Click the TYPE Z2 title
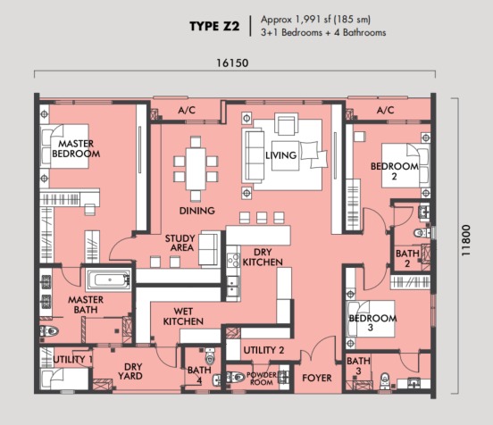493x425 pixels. coord(214,27)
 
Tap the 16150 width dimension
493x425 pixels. coord(232,63)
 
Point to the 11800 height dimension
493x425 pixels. coord(466,240)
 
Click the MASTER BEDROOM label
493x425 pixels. coord(76,149)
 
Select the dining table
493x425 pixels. coord(196,169)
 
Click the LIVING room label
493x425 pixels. coord(280,155)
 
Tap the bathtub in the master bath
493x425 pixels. coord(109,279)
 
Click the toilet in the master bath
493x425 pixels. coord(49,330)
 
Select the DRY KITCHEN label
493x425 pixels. coord(263,257)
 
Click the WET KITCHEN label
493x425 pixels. coord(183,316)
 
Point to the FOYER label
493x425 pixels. coord(317,378)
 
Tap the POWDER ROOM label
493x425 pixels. coord(262,379)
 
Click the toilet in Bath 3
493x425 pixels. coord(385,380)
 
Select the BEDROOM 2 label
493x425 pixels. coord(395,171)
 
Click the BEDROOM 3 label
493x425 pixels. coord(372,322)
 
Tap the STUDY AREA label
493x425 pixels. coord(180,243)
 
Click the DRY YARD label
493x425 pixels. coord(130,371)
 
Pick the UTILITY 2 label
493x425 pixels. coord(263,350)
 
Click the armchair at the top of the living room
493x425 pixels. coord(286,123)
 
